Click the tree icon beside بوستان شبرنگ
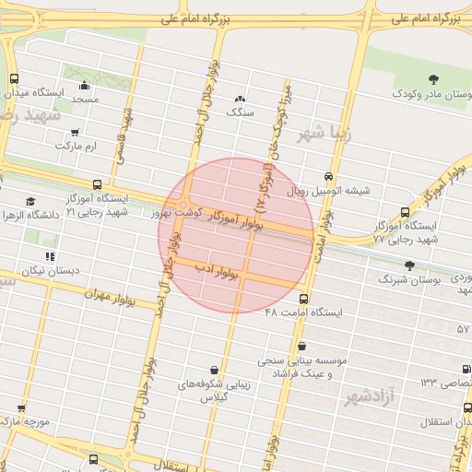[x=383, y=277]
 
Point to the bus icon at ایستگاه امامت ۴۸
[x=303, y=299]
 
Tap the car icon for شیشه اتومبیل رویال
[x=329, y=177]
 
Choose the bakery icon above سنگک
[x=240, y=99]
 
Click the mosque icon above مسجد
[x=85, y=86]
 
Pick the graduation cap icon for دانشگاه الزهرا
[x=30, y=201]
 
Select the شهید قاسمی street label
[x=124, y=136]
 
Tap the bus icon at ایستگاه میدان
[x=13, y=79]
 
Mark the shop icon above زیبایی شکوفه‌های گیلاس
[x=214, y=370]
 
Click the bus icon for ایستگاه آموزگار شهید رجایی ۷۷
[x=405, y=212]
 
